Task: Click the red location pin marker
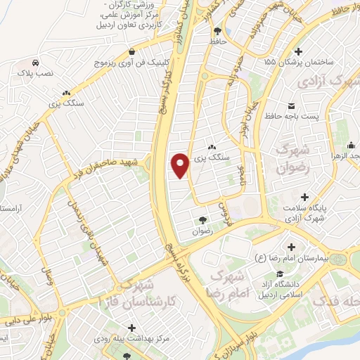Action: (181, 165)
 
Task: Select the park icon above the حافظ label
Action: (217, 31)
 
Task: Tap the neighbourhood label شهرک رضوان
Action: (293, 158)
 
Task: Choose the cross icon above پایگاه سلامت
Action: (304, 197)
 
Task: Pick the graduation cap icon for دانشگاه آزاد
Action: (279, 274)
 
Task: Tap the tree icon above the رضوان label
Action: (204, 220)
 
